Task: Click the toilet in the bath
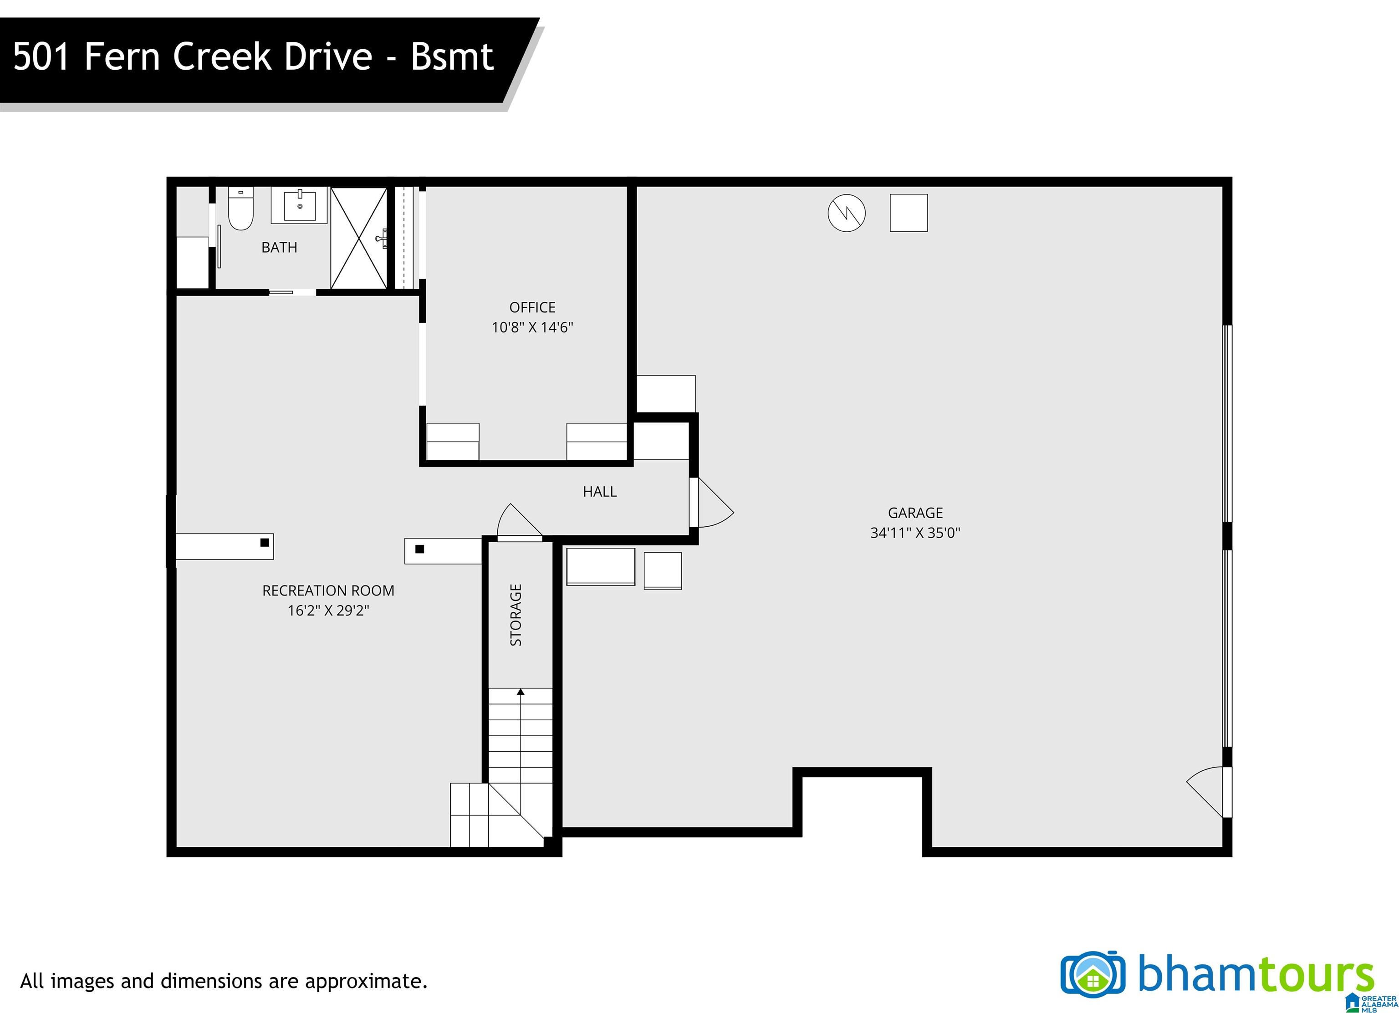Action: point(240,209)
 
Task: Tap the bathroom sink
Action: point(299,206)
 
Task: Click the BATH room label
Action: point(280,247)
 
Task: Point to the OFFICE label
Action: point(532,307)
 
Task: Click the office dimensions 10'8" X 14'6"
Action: point(532,327)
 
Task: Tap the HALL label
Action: point(600,491)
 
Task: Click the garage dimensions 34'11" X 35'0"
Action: point(915,533)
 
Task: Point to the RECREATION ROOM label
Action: point(328,590)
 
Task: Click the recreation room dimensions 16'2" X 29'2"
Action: point(328,611)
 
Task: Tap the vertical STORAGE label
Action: point(516,615)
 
